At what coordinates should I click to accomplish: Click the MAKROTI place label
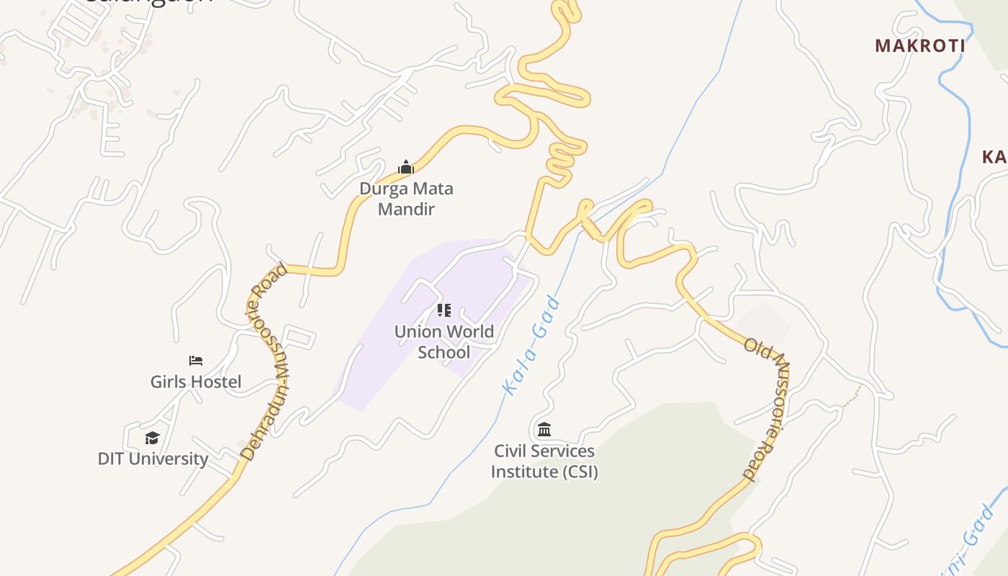pyautogui.click(x=919, y=45)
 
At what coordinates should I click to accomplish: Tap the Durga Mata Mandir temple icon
pyautogui.click(x=406, y=168)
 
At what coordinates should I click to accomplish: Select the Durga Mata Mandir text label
pyautogui.click(x=406, y=199)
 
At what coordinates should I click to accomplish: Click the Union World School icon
pyautogui.click(x=444, y=310)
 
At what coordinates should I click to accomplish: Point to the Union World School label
pyautogui.click(x=444, y=342)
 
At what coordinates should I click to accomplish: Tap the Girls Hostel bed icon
pyautogui.click(x=196, y=360)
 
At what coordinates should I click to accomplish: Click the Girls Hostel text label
pyautogui.click(x=196, y=382)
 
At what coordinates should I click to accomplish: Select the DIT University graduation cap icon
pyautogui.click(x=152, y=438)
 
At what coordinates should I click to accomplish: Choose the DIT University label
pyautogui.click(x=153, y=459)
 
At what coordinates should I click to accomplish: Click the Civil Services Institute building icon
pyautogui.click(x=544, y=430)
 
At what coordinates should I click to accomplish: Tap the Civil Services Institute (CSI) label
pyautogui.click(x=544, y=461)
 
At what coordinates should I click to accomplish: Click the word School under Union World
pyautogui.click(x=444, y=352)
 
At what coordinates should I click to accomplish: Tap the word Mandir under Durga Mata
pyautogui.click(x=406, y=210)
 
